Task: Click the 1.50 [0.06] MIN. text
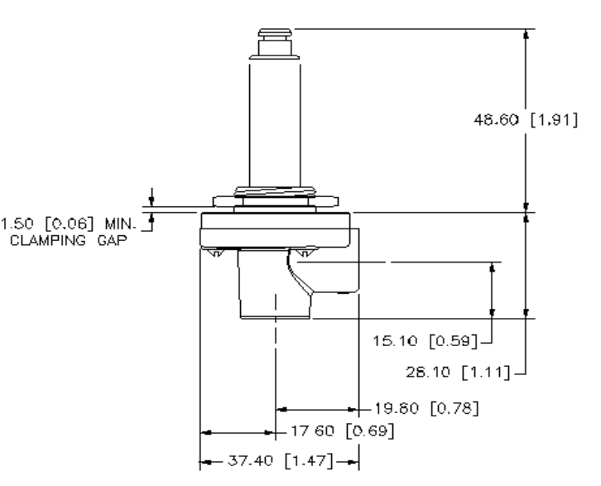73,224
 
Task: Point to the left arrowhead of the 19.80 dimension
281,408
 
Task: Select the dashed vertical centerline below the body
274,364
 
